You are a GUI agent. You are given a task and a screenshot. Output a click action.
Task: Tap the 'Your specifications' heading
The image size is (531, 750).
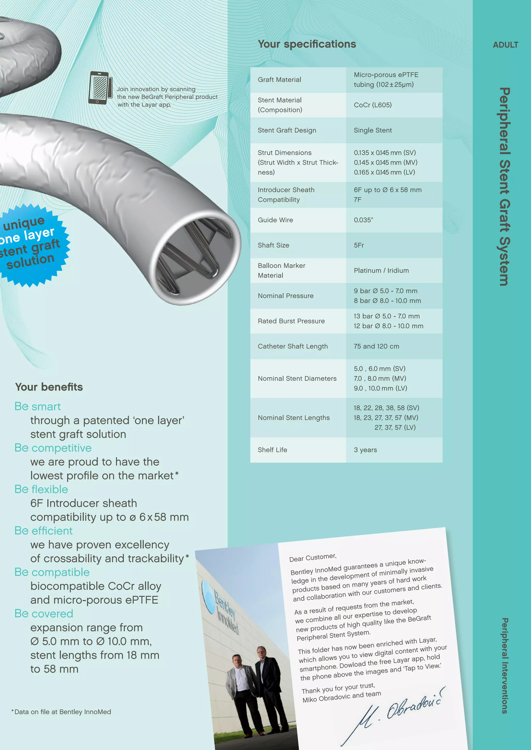pos(307,44)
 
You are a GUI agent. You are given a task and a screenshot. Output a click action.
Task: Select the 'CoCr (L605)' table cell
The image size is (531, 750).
pos(372,105)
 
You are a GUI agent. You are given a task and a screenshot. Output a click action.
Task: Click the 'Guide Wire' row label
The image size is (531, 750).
pos(275,220)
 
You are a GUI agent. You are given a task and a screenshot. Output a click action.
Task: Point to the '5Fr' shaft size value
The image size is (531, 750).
pos(359,245)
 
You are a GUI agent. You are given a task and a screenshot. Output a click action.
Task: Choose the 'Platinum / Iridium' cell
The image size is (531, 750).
pos(381,270)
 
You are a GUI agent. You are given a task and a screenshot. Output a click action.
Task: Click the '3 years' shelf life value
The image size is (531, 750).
pos(365,450)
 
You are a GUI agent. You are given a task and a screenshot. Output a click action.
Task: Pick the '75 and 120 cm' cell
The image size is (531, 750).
pos(376,346)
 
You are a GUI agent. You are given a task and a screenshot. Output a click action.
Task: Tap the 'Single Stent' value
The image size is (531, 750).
pos(373,130)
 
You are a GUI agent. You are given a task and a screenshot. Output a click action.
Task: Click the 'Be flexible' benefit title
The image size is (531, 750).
pos(41,489)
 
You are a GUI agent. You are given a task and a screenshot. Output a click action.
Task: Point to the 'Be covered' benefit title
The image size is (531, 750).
pos(44,613)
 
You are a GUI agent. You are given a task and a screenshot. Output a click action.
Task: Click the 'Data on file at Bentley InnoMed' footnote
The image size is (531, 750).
pos(62,712)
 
